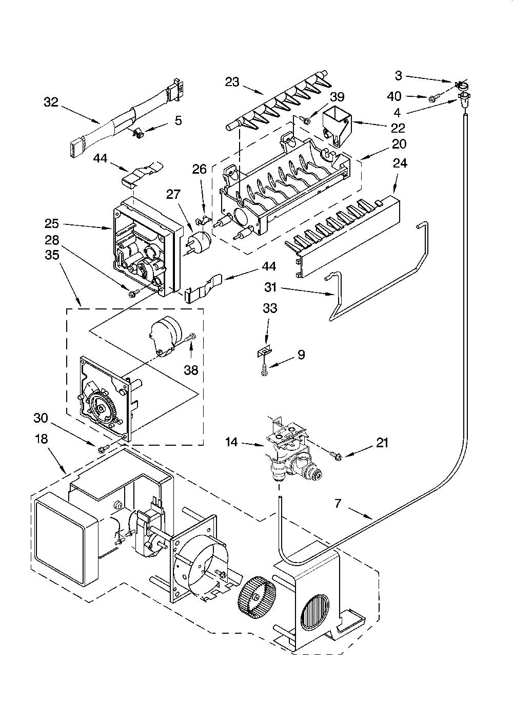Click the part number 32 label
tap(51, 102)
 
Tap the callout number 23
tap(232, 82)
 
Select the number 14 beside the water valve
tap(231, 442)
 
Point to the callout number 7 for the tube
tap(338, 503)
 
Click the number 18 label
tap(41, 439)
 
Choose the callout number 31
tap(270, 287)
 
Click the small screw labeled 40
tap(432, 99)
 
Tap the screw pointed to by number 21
tap(336, 455)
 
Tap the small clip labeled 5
tap(137, 133)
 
